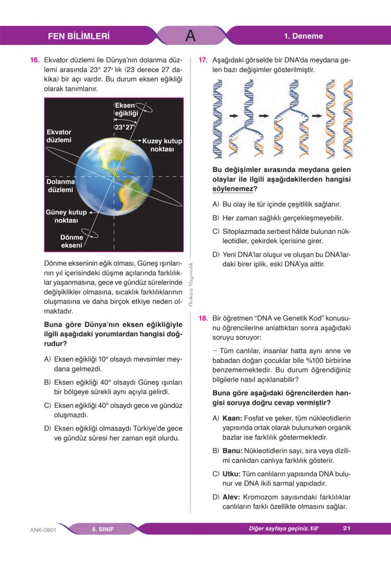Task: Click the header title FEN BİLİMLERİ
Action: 79,36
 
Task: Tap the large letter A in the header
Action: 190,36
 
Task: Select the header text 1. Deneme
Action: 303,36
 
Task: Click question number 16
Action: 34,60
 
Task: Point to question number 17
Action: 203,60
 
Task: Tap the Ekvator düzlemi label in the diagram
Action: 59,136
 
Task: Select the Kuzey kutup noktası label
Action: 162,145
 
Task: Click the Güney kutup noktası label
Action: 66,216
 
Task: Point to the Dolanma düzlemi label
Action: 60,186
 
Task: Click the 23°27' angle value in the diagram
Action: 125,127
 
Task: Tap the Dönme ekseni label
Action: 72,241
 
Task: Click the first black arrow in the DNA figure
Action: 233,115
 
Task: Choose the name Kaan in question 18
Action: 232,418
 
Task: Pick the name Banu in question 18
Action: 232,450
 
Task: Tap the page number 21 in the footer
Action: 346,528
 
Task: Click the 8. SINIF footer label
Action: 103,529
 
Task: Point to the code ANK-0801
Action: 43,529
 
